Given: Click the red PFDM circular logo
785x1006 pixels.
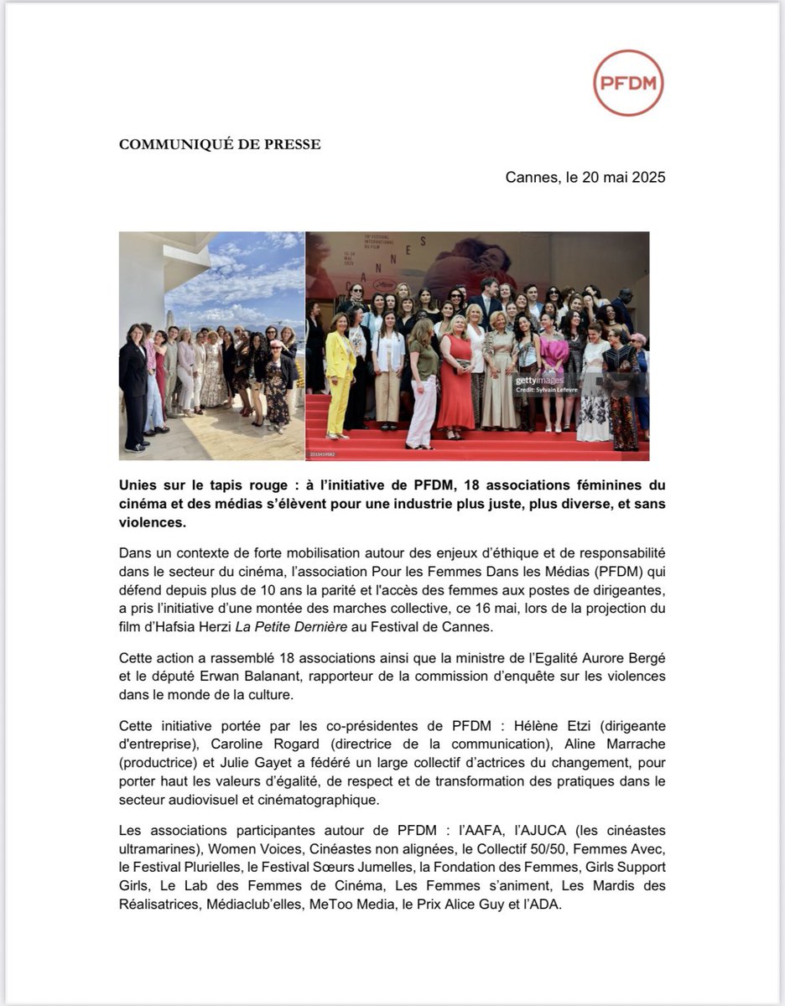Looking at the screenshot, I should [628, 82].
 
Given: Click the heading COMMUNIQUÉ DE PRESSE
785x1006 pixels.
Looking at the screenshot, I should [220, 144].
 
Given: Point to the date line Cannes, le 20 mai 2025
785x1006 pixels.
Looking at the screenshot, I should [585, 178].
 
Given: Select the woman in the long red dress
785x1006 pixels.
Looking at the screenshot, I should [456, 377].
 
